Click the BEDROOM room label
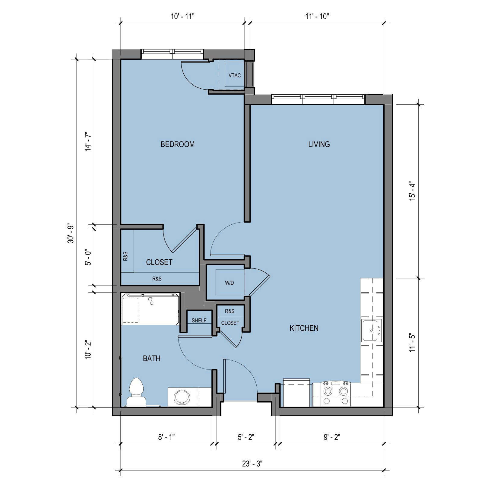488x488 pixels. [177, 144]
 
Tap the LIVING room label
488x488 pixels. [319, 144]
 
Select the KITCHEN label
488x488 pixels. [304, 328]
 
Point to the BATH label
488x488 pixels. [151, 359]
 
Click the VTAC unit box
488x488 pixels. [234, 75]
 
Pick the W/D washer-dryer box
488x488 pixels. [230, 283]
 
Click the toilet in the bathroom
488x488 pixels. [136, 392]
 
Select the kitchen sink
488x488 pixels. [372, 330]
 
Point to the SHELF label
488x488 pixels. [199, 321]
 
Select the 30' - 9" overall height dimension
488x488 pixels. [71, 233]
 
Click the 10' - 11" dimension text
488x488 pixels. [183, 16]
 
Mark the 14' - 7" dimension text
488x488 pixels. [88, 141]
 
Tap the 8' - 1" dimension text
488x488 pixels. [166, 437]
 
